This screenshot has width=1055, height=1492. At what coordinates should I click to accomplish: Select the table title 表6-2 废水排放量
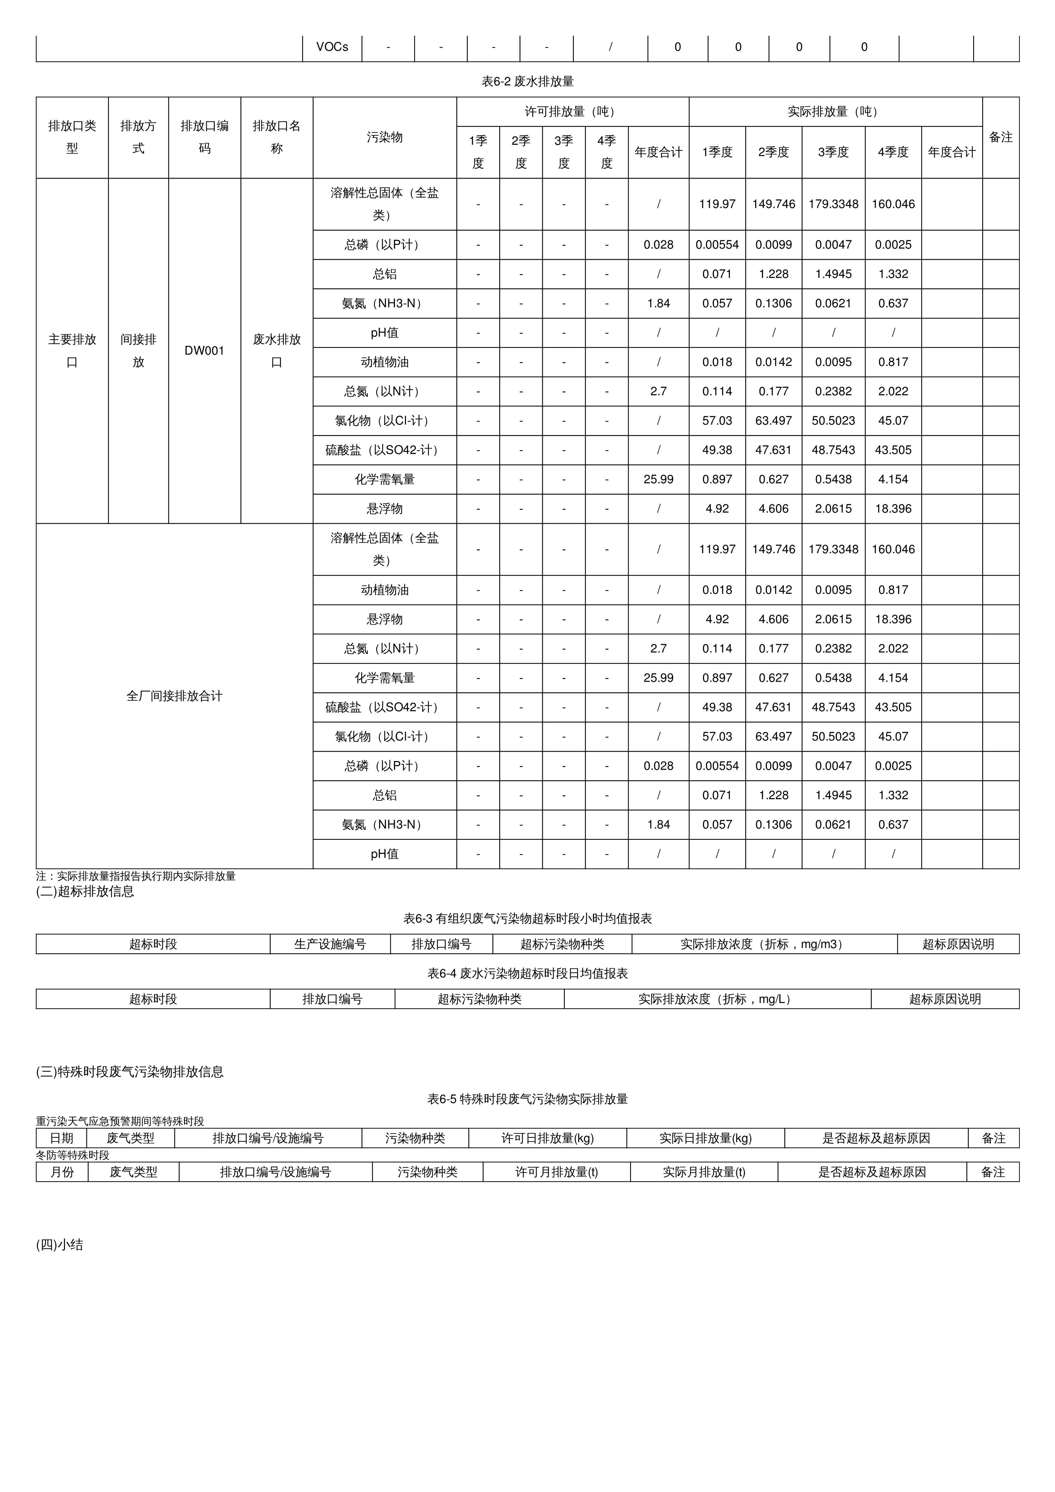point(527,81)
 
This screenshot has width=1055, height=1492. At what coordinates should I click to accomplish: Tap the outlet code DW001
point(204,351)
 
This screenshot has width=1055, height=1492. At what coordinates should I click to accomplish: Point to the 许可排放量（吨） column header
point(572,112)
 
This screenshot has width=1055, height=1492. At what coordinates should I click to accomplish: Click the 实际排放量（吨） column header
point(835,112)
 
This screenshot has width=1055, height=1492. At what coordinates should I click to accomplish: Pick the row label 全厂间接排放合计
point(174,696)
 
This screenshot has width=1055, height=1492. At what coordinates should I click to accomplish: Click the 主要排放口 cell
point(72,351)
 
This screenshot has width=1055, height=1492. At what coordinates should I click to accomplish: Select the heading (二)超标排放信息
point(85,892)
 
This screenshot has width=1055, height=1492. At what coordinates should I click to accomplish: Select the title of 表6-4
point(527,973)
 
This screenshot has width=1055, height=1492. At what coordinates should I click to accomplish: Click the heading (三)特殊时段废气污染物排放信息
point(130,1072)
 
